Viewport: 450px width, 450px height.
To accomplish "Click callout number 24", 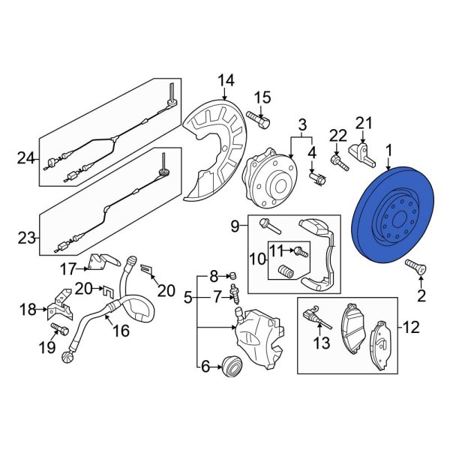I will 26,158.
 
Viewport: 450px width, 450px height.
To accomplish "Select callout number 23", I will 26,238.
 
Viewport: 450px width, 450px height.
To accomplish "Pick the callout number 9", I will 234,224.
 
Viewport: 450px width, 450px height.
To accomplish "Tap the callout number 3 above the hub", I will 302,124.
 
